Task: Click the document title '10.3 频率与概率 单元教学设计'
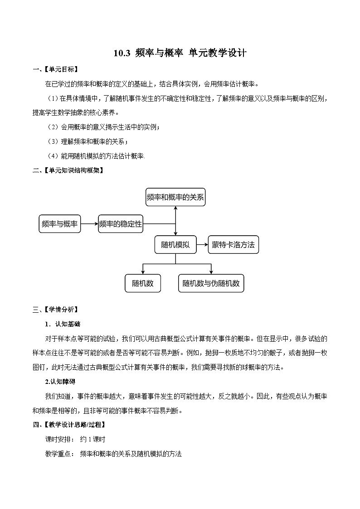[180, 53]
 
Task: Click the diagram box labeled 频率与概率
[59, 224]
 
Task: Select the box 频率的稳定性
[121, 224]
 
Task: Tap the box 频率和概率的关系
[175, 197]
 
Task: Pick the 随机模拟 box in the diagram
[175, 245]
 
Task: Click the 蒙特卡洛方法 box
[233, 245]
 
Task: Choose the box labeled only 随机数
[143, 283]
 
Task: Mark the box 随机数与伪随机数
[211, 283]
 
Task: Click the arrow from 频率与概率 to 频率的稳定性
[89, 224]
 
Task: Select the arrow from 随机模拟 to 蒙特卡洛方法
[202, 245]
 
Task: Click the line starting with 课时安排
[75, 439]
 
